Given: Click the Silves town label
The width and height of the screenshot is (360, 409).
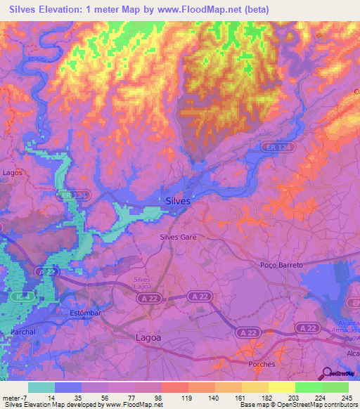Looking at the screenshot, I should click(x=178, y=201).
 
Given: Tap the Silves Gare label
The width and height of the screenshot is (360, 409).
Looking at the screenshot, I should click(x=178, y=238).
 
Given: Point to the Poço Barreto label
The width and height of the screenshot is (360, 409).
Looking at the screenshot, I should click(x=281, y=265).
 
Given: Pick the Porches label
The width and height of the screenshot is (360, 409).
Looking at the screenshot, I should click(x=262, y=364).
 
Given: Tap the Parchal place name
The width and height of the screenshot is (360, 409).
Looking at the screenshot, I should click(x=24, y=331).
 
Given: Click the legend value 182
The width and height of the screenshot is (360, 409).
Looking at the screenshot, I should click(x=257, y=398).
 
